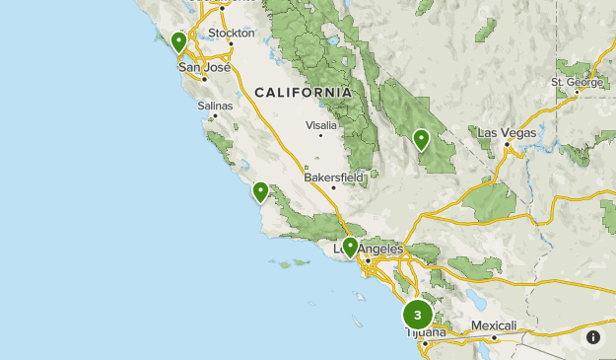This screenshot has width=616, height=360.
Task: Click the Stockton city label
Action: point(232,33)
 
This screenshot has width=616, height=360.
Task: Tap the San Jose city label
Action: point(204,67)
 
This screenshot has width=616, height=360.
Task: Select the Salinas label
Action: point(215,105)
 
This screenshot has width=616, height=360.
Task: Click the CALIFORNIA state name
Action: point(303,92)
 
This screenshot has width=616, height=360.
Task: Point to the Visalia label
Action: point(320,125)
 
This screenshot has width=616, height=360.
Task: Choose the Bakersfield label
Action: point(333,178)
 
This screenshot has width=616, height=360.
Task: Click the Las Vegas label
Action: point(507,132)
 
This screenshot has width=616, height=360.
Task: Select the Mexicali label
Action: point(493,325)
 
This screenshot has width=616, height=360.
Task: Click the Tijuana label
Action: point(426,333)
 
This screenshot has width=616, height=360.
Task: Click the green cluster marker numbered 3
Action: point(418,315)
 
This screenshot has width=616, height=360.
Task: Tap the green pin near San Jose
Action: point(178,42)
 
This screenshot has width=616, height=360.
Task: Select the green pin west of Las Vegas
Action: point(421,139)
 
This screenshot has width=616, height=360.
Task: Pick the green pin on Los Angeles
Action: point(350,247)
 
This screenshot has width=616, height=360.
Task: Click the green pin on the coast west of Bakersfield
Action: point(260,191)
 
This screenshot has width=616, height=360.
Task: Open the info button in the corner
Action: point(593,337)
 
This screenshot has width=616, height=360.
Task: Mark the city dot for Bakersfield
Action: point(334,187)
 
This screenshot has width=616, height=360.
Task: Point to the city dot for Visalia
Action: point(320,135)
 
